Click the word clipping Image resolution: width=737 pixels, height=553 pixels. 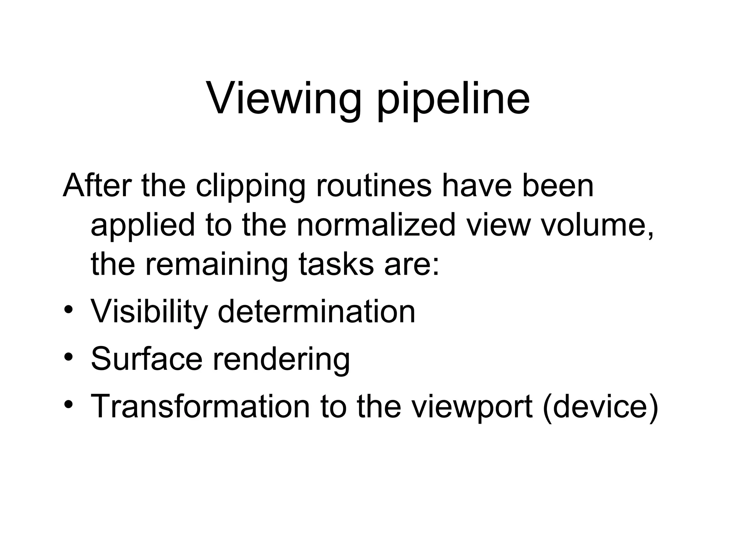250,187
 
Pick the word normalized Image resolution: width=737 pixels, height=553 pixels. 376,225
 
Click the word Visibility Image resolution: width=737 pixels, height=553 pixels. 149,312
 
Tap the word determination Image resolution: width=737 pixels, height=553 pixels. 317,311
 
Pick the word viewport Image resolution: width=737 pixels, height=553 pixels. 472,407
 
